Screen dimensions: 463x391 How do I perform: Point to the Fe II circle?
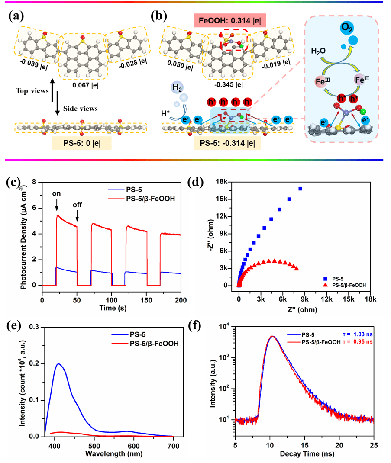point(362,80)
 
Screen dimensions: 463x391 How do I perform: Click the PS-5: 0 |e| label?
point(82,143)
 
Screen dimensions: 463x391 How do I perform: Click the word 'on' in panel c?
point(56,194)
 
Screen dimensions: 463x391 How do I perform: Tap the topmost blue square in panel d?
point(300,189)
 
